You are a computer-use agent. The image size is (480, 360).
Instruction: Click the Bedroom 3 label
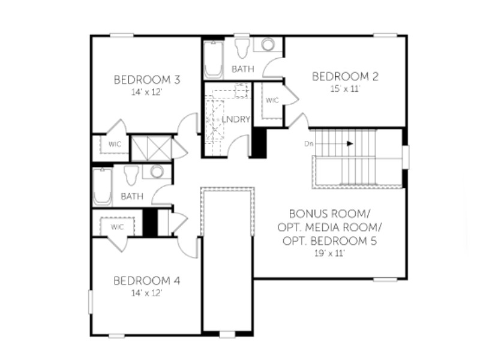(x=147, y=80)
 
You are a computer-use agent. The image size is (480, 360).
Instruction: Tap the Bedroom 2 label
(x=345, y=76)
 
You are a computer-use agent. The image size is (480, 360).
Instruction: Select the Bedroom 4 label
(x=147, y=281)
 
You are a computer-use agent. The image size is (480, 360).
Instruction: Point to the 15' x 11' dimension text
(x=345, y=89)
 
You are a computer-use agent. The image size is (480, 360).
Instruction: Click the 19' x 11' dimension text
(x=329, y=253)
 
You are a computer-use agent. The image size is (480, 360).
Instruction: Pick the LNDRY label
(x=236, y=119)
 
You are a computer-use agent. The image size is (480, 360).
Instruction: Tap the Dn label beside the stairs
(x=308, y=143)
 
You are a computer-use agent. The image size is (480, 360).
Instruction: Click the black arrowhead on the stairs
(x=350, y=143)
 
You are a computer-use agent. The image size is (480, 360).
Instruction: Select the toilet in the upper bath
(x=242, y=48)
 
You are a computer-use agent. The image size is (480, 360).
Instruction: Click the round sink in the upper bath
(x=268, y=44)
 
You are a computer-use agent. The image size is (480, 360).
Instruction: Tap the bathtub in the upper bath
(x=214, y=59)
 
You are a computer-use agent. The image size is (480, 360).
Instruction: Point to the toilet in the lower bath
(x=131, y=175)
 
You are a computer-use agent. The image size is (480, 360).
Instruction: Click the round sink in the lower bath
(x=157, y=172)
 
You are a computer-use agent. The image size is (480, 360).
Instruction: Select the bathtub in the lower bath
(x=103, y=187)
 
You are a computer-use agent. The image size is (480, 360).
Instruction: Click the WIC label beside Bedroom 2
(x=272, y=100)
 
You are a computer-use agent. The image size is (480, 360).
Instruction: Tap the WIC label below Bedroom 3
(x=115, y=144)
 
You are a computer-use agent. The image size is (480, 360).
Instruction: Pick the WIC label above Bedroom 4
(x=117, y=227)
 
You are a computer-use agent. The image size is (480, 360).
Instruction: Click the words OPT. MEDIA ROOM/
(x=329, y=227)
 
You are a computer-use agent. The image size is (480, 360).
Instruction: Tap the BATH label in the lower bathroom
(x=132, y=196)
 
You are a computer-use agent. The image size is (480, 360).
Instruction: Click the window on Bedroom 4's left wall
(x=91, y=302)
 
